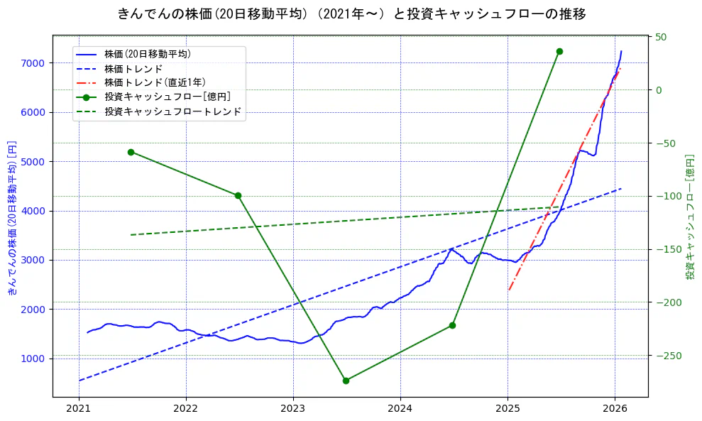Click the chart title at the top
351,13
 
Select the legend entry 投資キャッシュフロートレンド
172,111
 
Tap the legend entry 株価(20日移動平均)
147,54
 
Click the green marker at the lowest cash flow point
346,381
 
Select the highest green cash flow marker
559,51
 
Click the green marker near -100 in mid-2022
238,195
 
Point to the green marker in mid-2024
452,325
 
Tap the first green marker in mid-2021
131,152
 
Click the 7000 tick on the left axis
33,63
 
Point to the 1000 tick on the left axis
33,359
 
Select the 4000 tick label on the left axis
33,211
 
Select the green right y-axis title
689,217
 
